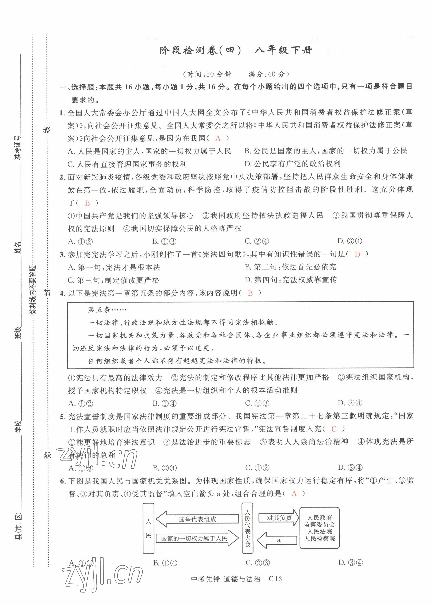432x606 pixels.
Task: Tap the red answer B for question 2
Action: click(87, 203)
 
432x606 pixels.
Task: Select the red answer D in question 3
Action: click(357, 254)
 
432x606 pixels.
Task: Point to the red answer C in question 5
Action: click(334, 429)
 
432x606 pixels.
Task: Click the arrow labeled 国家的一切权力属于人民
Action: click(197, 538)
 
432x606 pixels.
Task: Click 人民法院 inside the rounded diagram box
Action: click(320, 531)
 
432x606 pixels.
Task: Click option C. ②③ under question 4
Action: click(257, 403)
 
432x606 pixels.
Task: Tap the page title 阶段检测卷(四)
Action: click(201, 50)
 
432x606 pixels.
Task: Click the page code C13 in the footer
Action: click(275, 579)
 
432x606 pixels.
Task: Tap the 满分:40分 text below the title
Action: click(269, 74)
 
